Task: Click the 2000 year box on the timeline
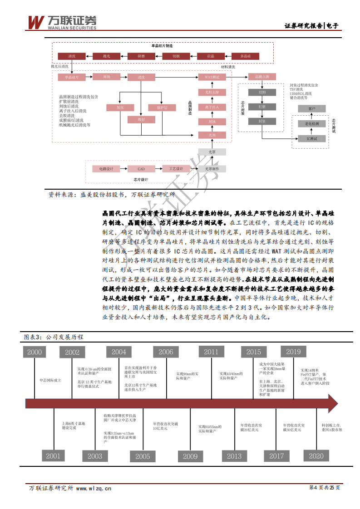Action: point(35,352)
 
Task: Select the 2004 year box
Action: point(119,352)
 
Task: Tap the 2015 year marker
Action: point(254,352)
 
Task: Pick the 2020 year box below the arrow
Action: point(316,456)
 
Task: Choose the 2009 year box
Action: point(190,456)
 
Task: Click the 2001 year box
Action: point(53,456)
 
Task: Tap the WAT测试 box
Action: point(212,78)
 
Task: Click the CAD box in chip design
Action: point(141,169)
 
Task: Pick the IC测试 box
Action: point(312,138)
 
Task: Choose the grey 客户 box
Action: point(311,109)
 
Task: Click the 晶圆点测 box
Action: point(262,77)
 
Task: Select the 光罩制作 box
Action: point(212,169)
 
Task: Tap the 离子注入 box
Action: point(212,107)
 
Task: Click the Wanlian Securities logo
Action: point(62,21)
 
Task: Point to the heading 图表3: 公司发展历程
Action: point(54,338)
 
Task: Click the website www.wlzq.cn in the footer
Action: point(94,488)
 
